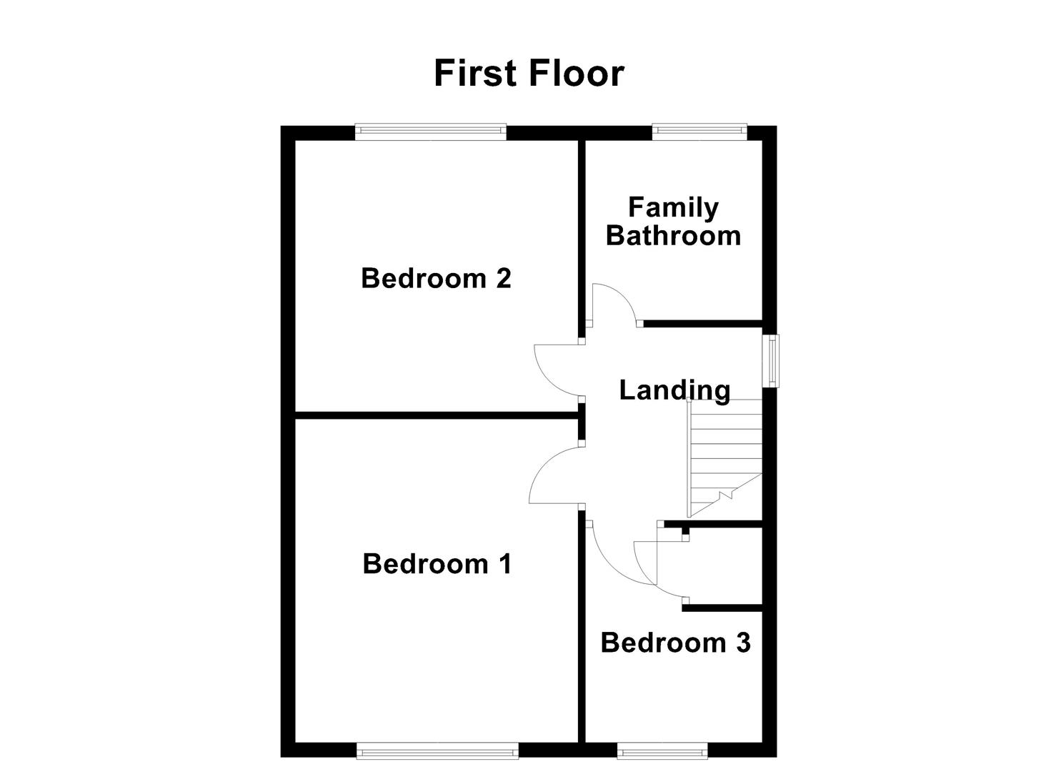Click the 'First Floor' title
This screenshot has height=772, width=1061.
(x=529, y=74)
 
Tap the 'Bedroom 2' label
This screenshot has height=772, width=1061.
(x=436, y=278)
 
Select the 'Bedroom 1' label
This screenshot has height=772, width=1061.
(x=437, y=564)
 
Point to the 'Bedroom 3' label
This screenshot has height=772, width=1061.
(x=675, y=643)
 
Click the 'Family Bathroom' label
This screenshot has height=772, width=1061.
(x=673, y=222)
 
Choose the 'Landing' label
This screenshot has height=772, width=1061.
(x=674, y=390)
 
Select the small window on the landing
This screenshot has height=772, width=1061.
(x=771, y=361)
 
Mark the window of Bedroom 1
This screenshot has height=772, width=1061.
(x=437, y=750)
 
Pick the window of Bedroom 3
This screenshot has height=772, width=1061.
(x=662, y=750)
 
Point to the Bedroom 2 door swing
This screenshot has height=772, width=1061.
(x=557, y=368)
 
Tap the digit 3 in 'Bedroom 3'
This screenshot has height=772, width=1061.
(x=743, y=643)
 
